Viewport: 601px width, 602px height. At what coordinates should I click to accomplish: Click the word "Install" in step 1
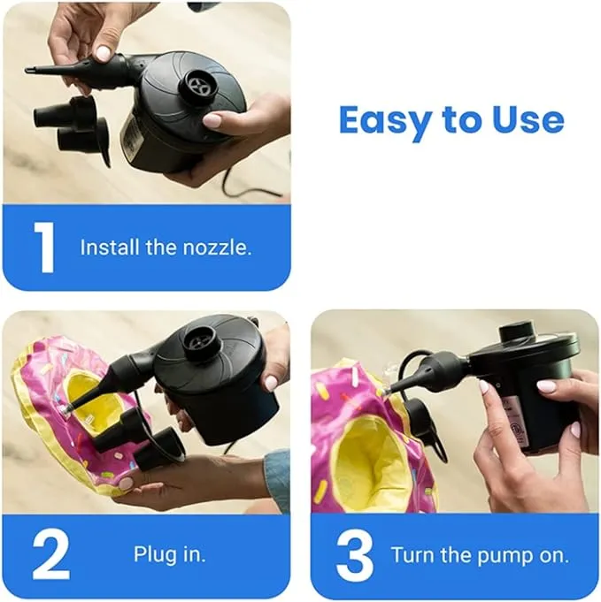pos(110,248)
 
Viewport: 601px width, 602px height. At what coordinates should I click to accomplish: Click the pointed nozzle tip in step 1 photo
pos(32,69)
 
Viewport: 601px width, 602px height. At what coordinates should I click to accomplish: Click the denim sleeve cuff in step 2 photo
pos(278,477)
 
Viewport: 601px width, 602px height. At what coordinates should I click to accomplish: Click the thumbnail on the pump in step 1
pos(213,119)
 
